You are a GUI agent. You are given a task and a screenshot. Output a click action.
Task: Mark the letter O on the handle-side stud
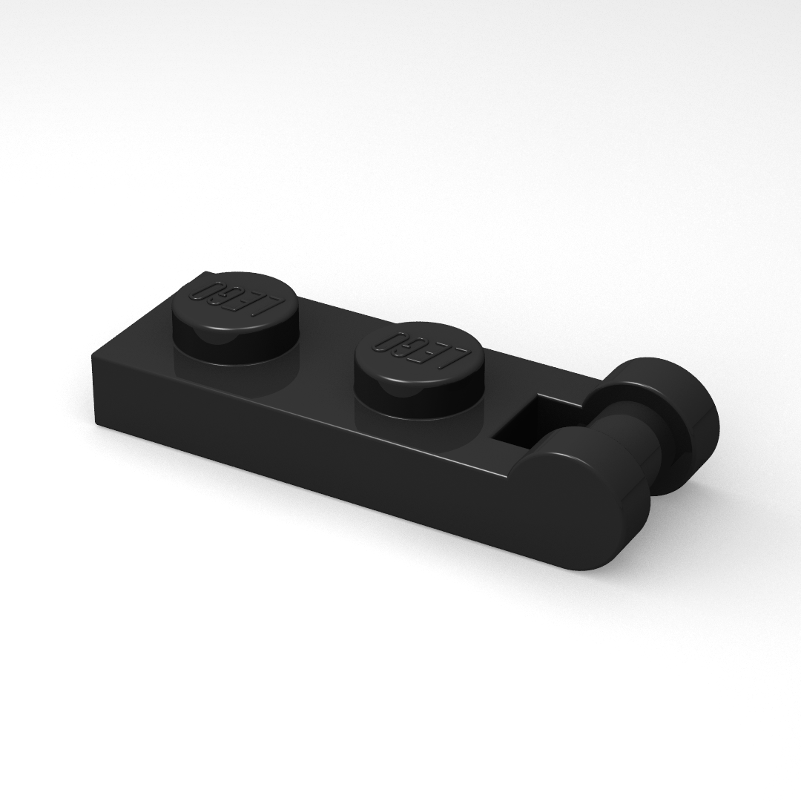[x=388, y=342]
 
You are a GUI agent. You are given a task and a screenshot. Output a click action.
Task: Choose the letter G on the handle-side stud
[x=409, y=347]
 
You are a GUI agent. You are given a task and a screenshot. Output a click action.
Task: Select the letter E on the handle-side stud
[x=432, y=353]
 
